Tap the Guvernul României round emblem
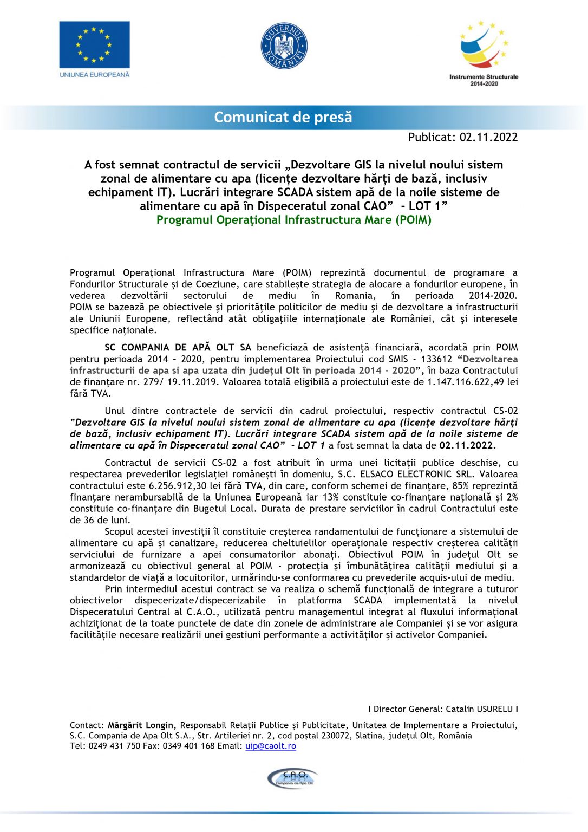pos(284,46)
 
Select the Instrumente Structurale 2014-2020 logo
pos(483,53)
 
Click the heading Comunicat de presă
pos(283,117)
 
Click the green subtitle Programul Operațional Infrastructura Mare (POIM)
pos(294,220)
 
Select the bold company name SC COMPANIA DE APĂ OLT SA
pos(178,347)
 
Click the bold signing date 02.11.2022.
pos(467,445)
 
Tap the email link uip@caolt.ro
pos(271,746)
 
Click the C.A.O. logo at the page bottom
pos(293,778)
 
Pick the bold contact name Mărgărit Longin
pos(141,725)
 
